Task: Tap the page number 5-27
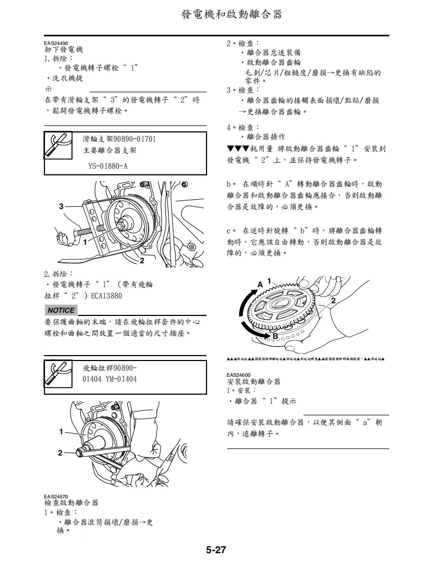click(x=215, y=550)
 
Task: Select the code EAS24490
click(x=56, y=43)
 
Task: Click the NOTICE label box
click(x=61, y=310)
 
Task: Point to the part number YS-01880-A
click(x=108, y=166)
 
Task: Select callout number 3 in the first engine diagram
click(x=61, y=206)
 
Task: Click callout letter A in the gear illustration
click(x=260, y=284)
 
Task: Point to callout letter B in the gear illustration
click(x=275, y=337)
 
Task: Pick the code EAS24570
click(x=56, y=496)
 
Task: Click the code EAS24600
click(x=239, y=375)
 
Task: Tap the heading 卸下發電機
click(x=63, y=49)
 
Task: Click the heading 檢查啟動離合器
click(x=71, y=503)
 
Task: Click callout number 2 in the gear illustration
click(x=333, y=300)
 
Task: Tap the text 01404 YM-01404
click(x=110, y=379)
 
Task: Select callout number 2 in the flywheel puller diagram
click(x=60, y=452)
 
